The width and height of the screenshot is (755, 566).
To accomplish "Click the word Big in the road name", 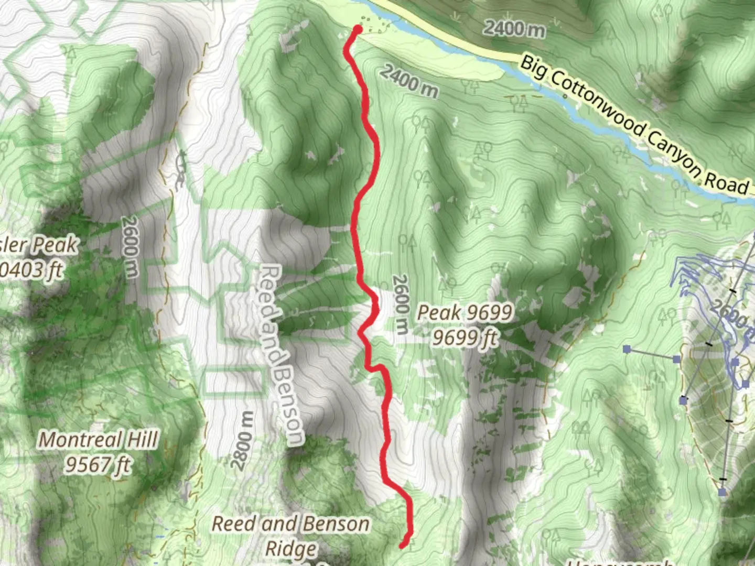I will click(533, 68).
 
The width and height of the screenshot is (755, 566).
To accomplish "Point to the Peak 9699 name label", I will click(464, 313).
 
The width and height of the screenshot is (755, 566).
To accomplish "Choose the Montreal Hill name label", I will click(98, 440).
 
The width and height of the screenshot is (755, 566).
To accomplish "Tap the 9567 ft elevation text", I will click(98, 464).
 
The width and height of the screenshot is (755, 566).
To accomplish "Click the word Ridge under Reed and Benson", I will click(291, 549).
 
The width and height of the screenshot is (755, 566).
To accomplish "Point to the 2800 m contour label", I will click(242, 440).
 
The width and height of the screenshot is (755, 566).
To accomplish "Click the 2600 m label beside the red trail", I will click(400, 304).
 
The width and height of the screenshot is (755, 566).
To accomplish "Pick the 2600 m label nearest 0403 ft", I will click(130, 246).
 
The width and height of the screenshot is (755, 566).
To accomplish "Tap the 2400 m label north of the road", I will click(514, 28).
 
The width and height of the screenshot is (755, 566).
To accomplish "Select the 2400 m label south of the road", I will click(409, 81).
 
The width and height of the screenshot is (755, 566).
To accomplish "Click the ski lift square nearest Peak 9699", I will click(627, 349).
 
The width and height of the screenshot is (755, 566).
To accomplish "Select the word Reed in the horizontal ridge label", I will click(232, 524).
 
